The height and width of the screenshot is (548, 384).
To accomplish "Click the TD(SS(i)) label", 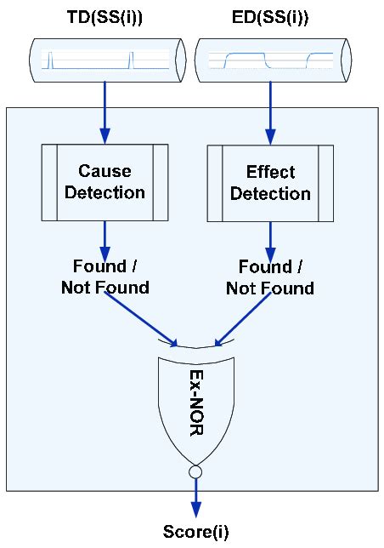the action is [104, 17].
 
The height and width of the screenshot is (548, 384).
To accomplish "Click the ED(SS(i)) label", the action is [270, 17].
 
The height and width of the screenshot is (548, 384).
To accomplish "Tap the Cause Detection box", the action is [104, 182].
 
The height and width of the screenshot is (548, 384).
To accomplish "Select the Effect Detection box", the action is [270, 184].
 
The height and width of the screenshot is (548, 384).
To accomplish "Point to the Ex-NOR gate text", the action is [196, 402].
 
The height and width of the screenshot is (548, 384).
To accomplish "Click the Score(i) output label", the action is [195, 532].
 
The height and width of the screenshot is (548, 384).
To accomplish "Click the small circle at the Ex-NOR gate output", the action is [195, 471].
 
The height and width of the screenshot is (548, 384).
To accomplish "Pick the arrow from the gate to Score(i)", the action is [195, 498].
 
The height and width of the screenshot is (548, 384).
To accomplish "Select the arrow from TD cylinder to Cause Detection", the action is [104, 112].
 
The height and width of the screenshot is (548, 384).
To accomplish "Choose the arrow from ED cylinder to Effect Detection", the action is [270, 113].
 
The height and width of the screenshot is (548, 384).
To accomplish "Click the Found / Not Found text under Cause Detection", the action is [105, 277].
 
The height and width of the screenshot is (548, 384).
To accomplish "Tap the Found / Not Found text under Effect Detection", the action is [270, 277].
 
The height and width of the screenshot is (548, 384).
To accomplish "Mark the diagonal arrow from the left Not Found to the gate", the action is [141, 319].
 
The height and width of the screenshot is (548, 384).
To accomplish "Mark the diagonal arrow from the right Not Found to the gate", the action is [242, 319].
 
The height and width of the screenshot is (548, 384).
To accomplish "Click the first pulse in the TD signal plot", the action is [50, 60].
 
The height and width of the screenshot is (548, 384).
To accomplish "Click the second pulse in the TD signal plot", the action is [131, 60].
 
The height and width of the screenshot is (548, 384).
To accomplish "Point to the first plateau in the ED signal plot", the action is [246, 55].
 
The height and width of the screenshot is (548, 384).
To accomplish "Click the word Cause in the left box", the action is [104, 171].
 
